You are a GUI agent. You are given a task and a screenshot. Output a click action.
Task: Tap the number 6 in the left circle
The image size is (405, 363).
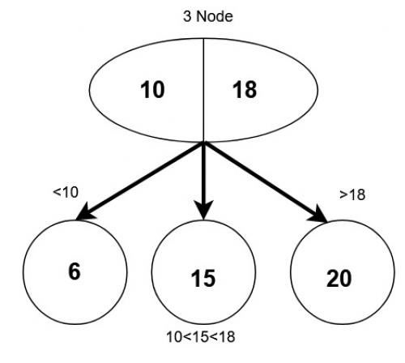75,271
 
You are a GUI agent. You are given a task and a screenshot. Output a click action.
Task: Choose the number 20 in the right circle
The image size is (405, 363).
339,278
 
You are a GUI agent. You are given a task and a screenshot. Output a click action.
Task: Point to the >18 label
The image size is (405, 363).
353,195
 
